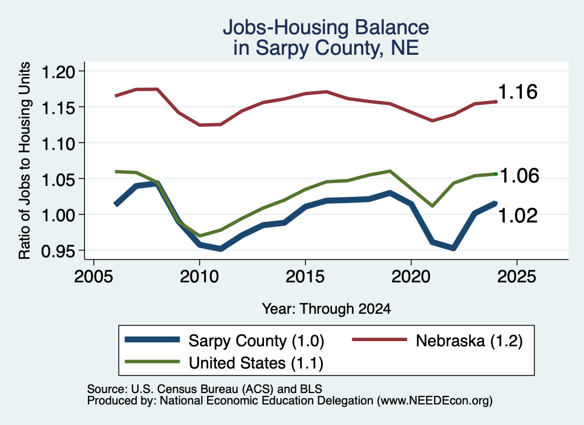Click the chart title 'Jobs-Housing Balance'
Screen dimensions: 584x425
(x=326, y=27)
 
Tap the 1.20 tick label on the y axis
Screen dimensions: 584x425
(x=58, y=72)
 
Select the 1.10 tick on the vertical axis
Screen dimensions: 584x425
(x=58, y=144)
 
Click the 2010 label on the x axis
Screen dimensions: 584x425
(x=199, y=276)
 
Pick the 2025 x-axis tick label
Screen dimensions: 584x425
(x=517, y=276)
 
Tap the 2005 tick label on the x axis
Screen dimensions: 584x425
(x=94, y=276)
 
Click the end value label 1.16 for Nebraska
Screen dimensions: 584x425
(x=518, y=92)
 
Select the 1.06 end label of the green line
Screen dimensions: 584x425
(x=519, y=176)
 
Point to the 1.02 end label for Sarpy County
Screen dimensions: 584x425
(x=518, y=215)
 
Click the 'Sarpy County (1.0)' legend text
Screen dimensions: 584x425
(x=256, y=341)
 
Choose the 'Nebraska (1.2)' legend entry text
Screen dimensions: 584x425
(x=469, y=341)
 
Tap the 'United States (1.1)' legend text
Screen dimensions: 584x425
(x=256, y=363)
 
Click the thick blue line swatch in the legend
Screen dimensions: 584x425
(x=152, y=339)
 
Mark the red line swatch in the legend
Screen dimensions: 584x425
(x=379, y=339)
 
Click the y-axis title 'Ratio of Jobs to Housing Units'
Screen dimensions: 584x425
(x=25, y=160)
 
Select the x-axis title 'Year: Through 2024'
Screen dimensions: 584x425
(x=326, y=309)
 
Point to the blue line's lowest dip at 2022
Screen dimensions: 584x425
(x=453, y=248)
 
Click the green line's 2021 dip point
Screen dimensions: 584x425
(x=432, y=206)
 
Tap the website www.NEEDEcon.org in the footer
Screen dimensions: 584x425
(x=434, y=400)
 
